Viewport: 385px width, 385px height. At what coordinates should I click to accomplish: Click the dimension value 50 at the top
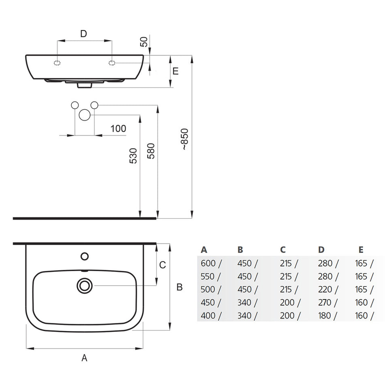coord(144,41)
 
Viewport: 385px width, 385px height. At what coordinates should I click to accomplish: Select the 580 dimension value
coord(151,151)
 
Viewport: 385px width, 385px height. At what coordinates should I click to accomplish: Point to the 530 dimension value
coord(133,156)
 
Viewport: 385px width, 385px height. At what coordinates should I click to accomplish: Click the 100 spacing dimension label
coord(118,128)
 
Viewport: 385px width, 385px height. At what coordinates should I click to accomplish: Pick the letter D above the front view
coord(83,34)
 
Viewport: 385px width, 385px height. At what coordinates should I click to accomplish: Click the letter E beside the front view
coord(175,71)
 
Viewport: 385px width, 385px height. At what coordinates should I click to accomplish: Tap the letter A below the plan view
coord(84,358)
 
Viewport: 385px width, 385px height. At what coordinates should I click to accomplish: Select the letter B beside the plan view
coord(180,287)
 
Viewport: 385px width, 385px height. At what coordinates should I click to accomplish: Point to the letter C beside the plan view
coord(163,265)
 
